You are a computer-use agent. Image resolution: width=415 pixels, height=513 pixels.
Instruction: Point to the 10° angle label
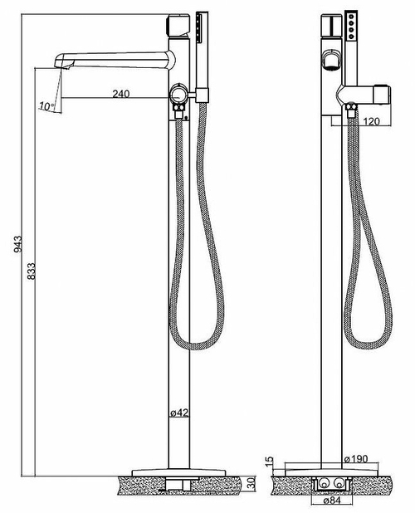pos(46,105)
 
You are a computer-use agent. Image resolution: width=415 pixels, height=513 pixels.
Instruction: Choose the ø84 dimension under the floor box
pos(325,501)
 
